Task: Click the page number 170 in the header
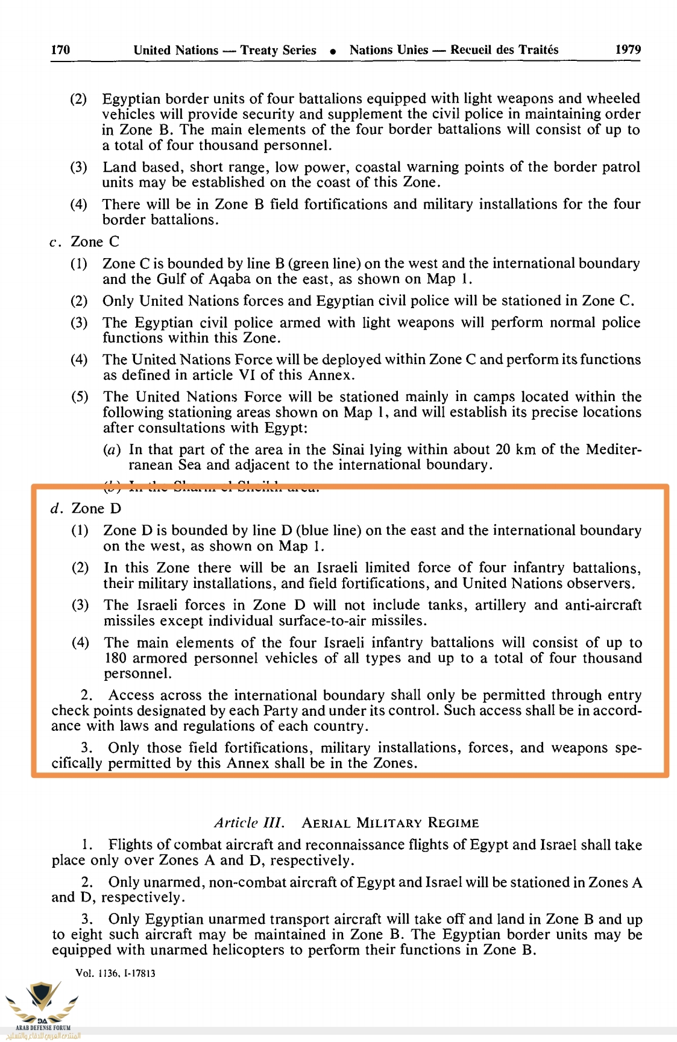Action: pyautogui.click(x=60, y=50)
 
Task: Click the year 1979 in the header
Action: pyautogui.click(x=628, y=50)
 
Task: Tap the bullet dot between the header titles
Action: pyautogui.click(x=333, y=52)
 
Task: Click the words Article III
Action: pyautogui.click(x=249, y=823)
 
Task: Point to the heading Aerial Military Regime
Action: pyautogui.click(x=390, y=824)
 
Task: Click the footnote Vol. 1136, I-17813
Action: pyautogui.click(x=115, y=973)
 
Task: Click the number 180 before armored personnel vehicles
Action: pyautogui.click(x=115, y=658)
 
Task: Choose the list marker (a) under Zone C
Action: pyautogui.click(x=112, y=450)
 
